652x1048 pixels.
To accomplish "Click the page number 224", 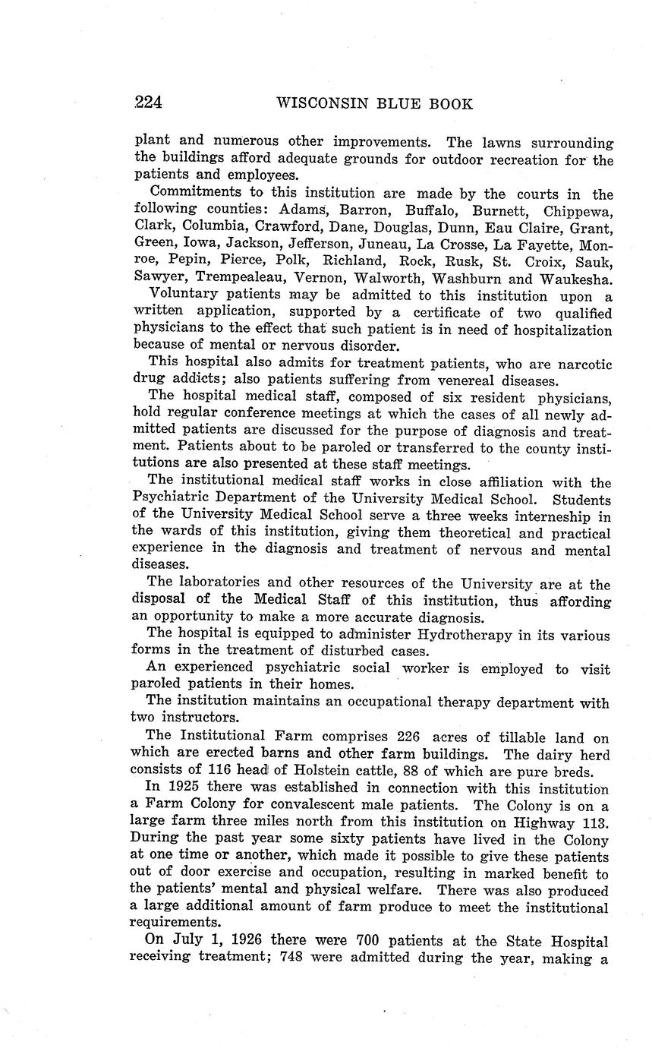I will (x=149, y=103).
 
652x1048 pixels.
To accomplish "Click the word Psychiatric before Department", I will (x=178, y=499).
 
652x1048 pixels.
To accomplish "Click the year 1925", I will (x=183, y=788).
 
